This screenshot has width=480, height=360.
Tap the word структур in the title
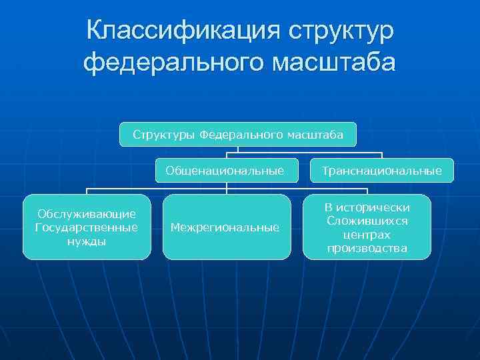341,31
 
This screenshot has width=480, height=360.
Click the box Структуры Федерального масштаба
238,135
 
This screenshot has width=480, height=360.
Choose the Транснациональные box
381,171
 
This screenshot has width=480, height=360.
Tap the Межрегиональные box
225,227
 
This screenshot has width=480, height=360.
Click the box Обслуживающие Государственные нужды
87,227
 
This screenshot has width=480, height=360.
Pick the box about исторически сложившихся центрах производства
367,227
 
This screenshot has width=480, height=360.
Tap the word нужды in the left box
87,241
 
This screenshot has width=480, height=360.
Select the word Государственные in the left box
87,227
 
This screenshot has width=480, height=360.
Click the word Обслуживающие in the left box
87,214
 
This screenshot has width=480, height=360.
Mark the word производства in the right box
367,249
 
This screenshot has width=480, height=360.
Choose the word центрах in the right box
367,235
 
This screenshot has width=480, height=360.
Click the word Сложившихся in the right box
367,221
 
